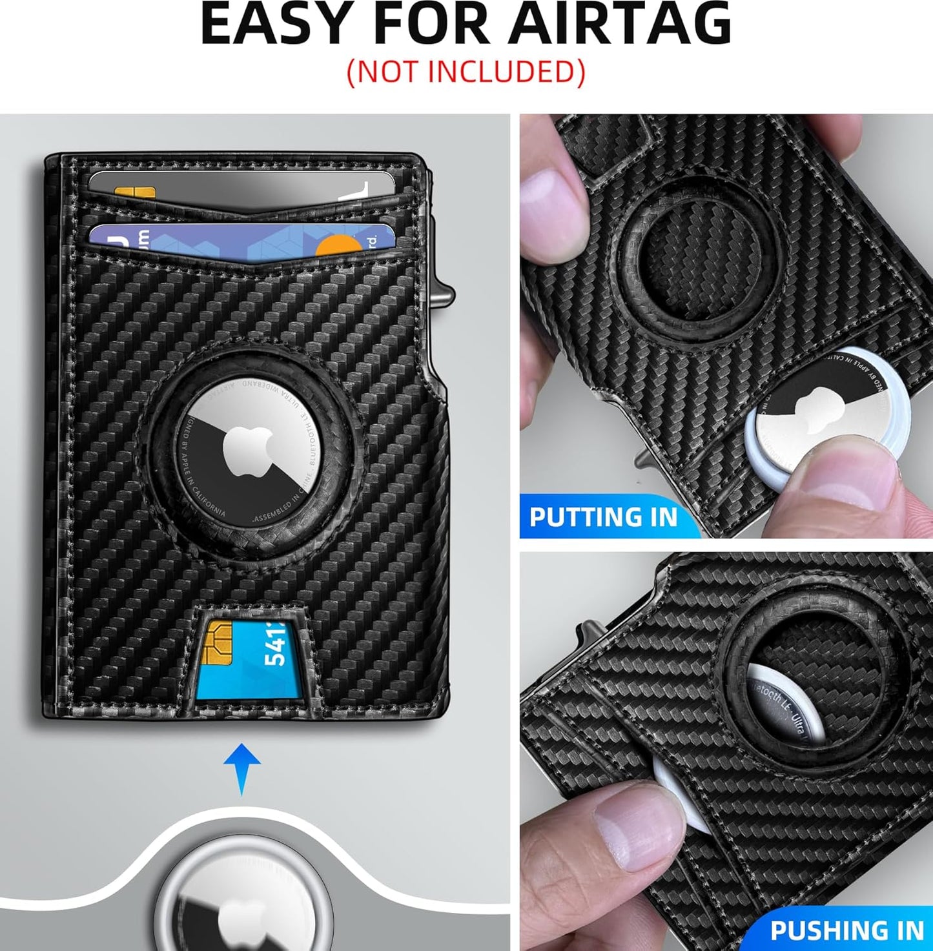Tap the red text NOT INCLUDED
466,72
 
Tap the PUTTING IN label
603,517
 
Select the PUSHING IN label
846,930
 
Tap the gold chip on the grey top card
134,193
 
